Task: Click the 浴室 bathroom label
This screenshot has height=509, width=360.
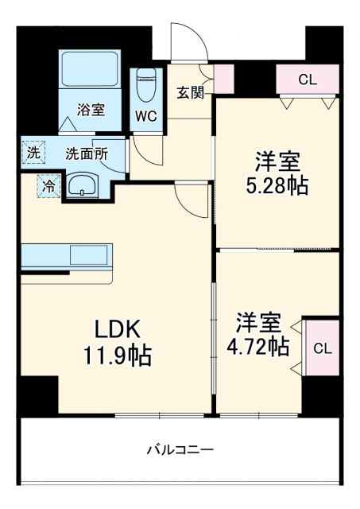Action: pos(89,109)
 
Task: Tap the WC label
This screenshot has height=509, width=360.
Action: pos(146,115)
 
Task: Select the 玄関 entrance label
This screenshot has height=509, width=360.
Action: pos(191,91)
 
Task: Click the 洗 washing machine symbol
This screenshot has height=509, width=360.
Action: pos(33,152)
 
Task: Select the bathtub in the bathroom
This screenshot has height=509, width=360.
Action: pos(89,72)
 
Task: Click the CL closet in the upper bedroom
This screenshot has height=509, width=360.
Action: pos(308,79)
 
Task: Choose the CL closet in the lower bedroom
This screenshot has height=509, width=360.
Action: pos(321,348)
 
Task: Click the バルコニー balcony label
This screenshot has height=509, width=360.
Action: pos(180,450)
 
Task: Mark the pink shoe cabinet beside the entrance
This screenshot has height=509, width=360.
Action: pos(223,77)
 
